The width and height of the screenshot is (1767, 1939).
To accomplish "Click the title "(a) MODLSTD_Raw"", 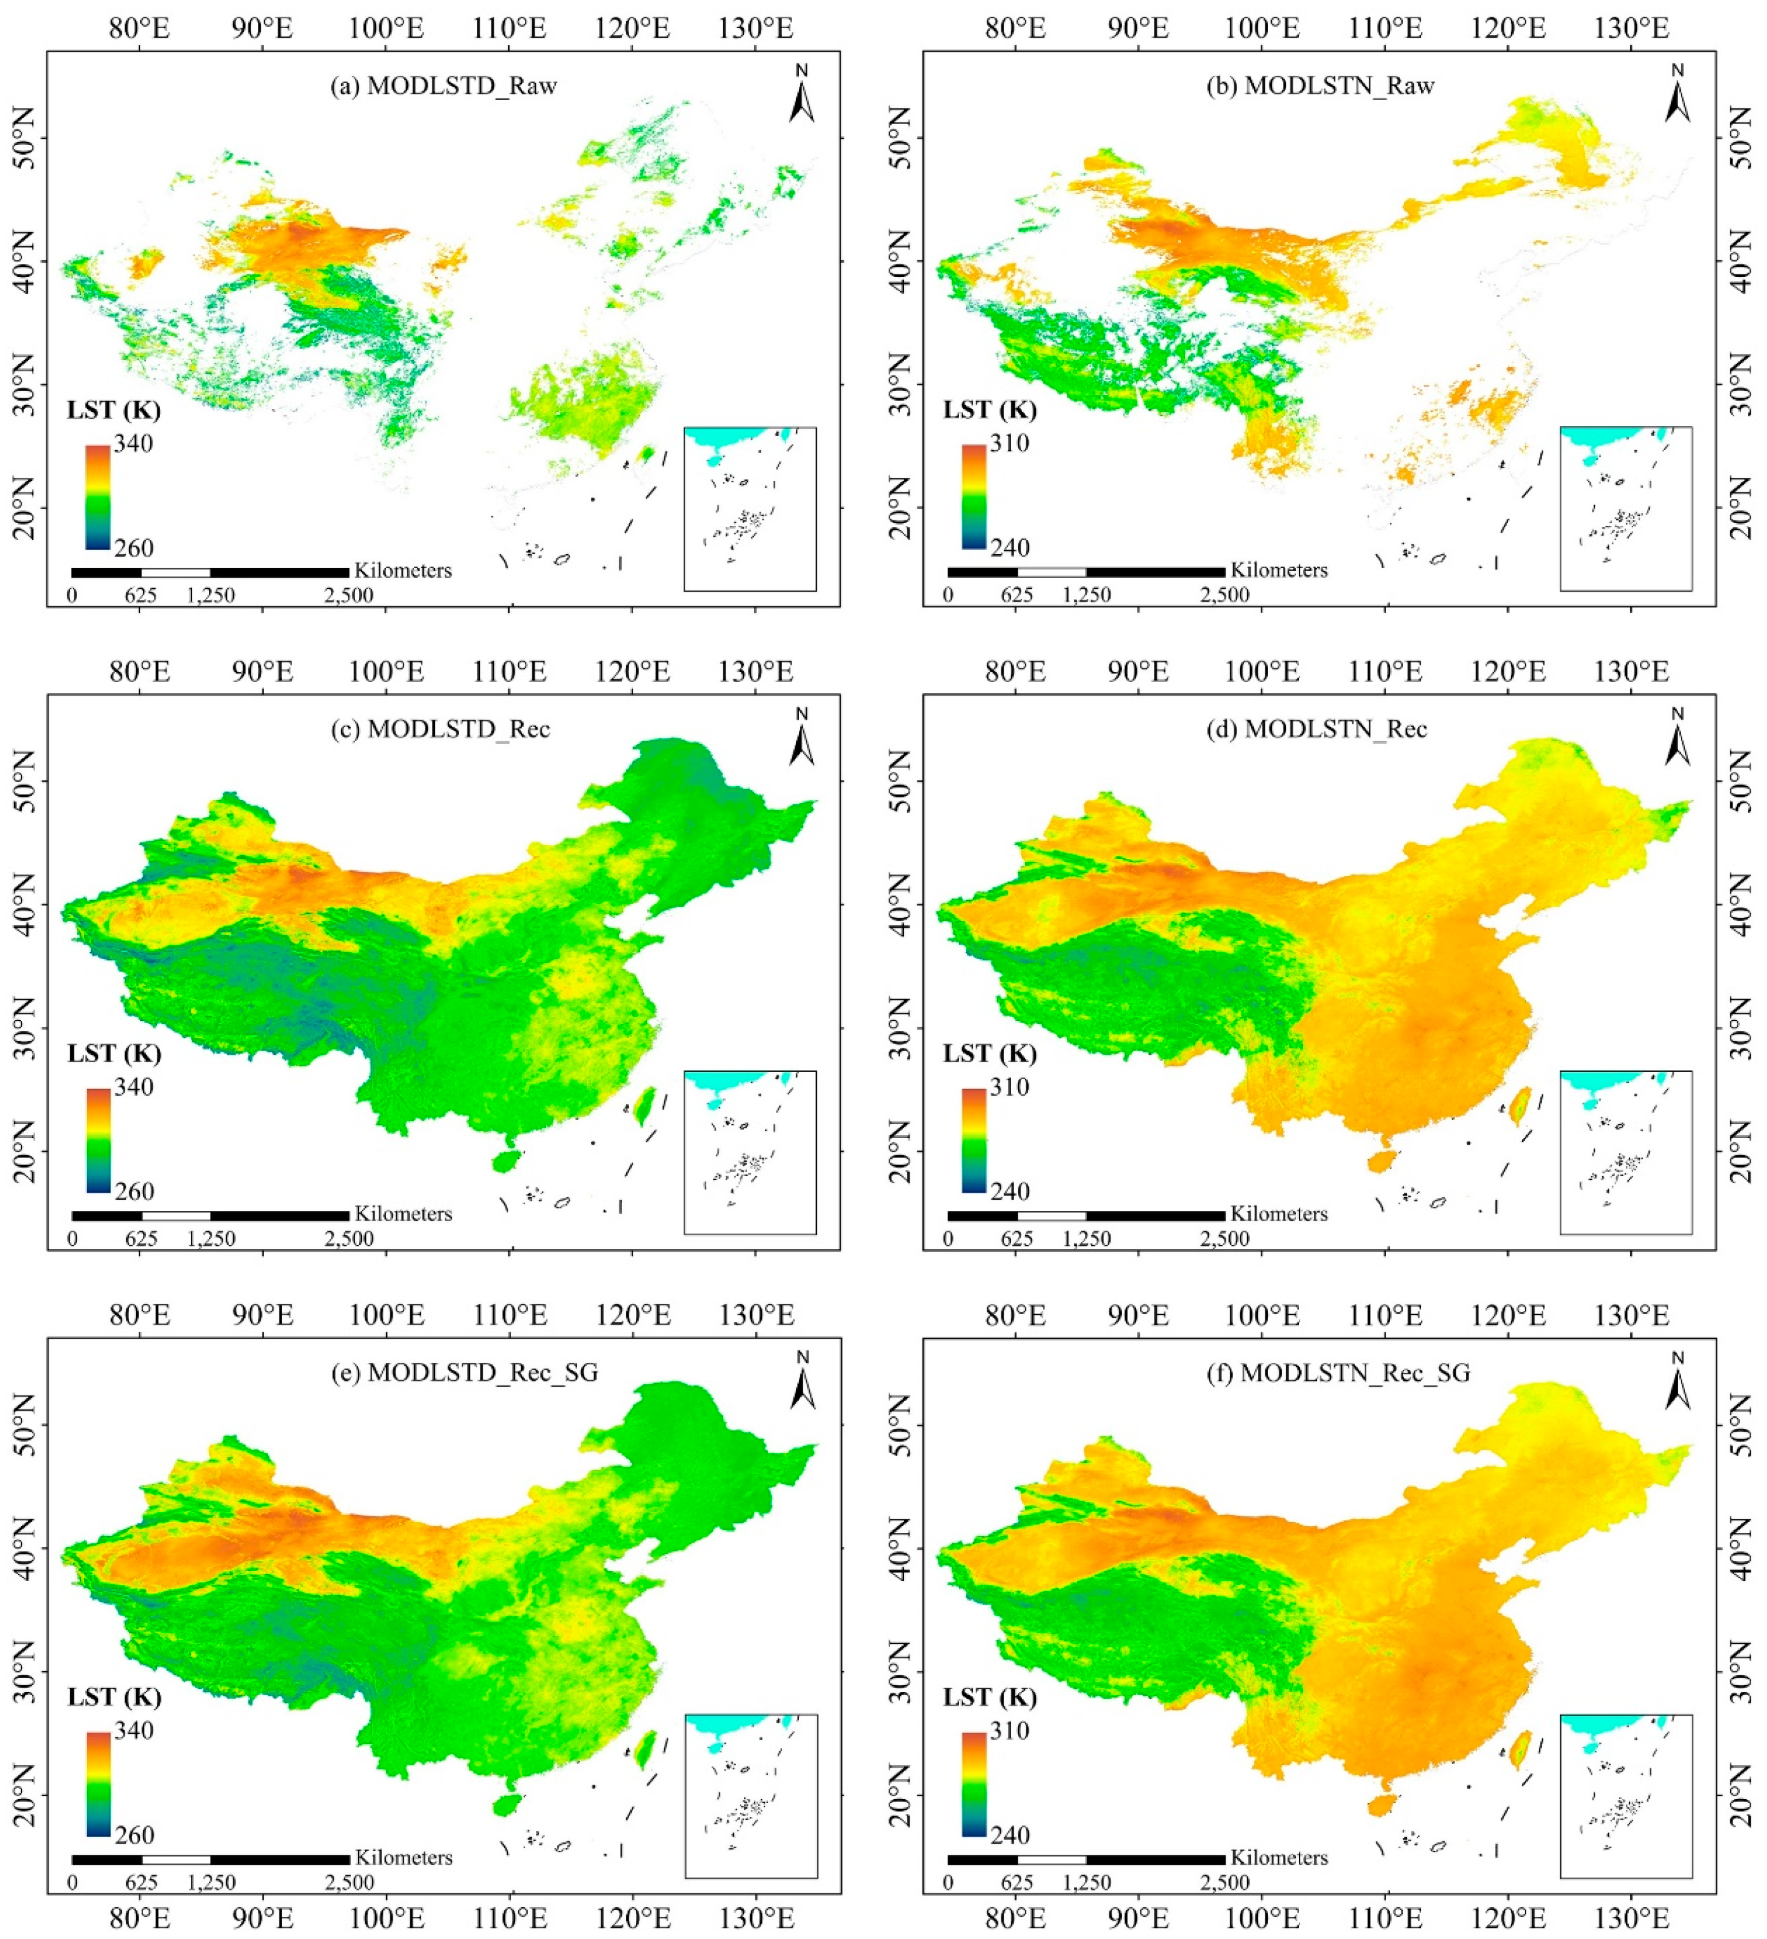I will point(444,86).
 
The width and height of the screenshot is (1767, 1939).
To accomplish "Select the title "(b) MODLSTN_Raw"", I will point(1320,86).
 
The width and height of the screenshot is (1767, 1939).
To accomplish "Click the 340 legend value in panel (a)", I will point(134,444).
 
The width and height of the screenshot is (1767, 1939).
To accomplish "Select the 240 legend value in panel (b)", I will point(1010,548).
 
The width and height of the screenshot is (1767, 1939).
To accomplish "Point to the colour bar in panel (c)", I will point(97,1141).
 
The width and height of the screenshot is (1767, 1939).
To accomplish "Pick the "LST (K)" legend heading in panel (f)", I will point(990,1698).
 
